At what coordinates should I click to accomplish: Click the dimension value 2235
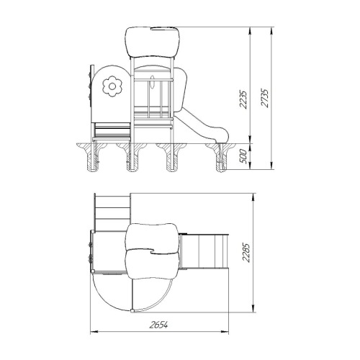(243, 99)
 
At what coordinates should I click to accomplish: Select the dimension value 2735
(264, 98)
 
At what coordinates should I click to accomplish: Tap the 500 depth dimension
(243, 156)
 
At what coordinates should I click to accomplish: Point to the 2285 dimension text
(246, 253)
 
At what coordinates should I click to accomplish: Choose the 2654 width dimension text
(158, 325)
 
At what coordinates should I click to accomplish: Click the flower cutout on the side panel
(112, 86)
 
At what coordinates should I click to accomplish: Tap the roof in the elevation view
(153, 42)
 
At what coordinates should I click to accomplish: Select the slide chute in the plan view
(204, 251)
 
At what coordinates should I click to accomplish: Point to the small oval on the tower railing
(152, 83)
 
